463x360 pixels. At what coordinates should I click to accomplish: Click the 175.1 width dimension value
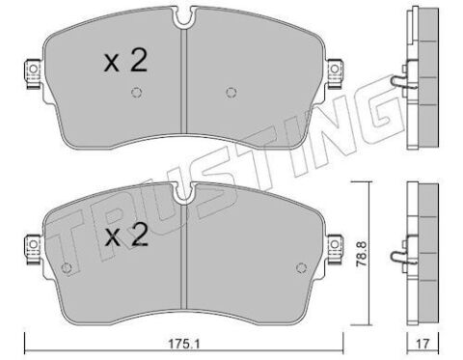coord(184,344)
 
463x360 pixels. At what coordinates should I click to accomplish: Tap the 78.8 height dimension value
coord(363,253)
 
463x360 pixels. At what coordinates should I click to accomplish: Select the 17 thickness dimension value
coord(422,344)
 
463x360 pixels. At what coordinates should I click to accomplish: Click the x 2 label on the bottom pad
coord(127,235)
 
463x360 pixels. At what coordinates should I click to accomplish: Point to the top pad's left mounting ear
coord(33,73)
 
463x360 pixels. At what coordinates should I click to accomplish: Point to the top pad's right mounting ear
coord(336,73)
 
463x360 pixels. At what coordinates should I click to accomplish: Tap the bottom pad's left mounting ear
coord(33,249)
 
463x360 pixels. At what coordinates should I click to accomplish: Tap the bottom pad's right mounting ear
coord(336,249)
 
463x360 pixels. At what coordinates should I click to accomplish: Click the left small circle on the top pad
coord(137,93)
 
